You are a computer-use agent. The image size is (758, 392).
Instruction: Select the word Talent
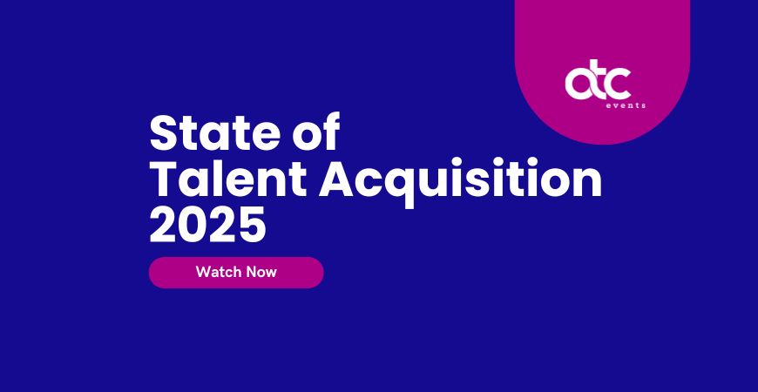[228, 179]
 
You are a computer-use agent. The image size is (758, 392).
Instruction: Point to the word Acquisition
[460, 182]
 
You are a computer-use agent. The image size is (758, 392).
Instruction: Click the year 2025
[208, 225]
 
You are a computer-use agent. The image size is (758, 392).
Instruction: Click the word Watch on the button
[219, 272]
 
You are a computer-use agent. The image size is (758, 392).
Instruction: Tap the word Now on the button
[261, 272]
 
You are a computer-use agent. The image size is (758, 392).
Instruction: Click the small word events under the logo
[626, 105]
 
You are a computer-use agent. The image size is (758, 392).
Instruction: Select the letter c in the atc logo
[619, 84]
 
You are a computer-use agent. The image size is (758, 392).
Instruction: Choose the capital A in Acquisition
[338, 178]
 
